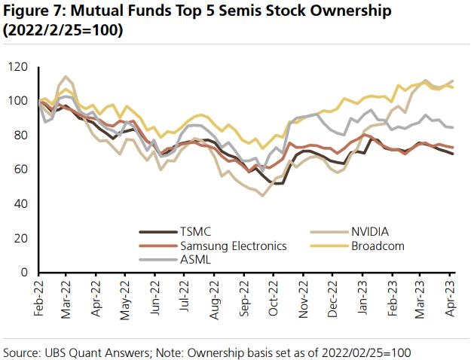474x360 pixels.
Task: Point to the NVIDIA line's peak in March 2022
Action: (66, 77)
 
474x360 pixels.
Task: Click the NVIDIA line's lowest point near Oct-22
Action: (262, 196)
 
